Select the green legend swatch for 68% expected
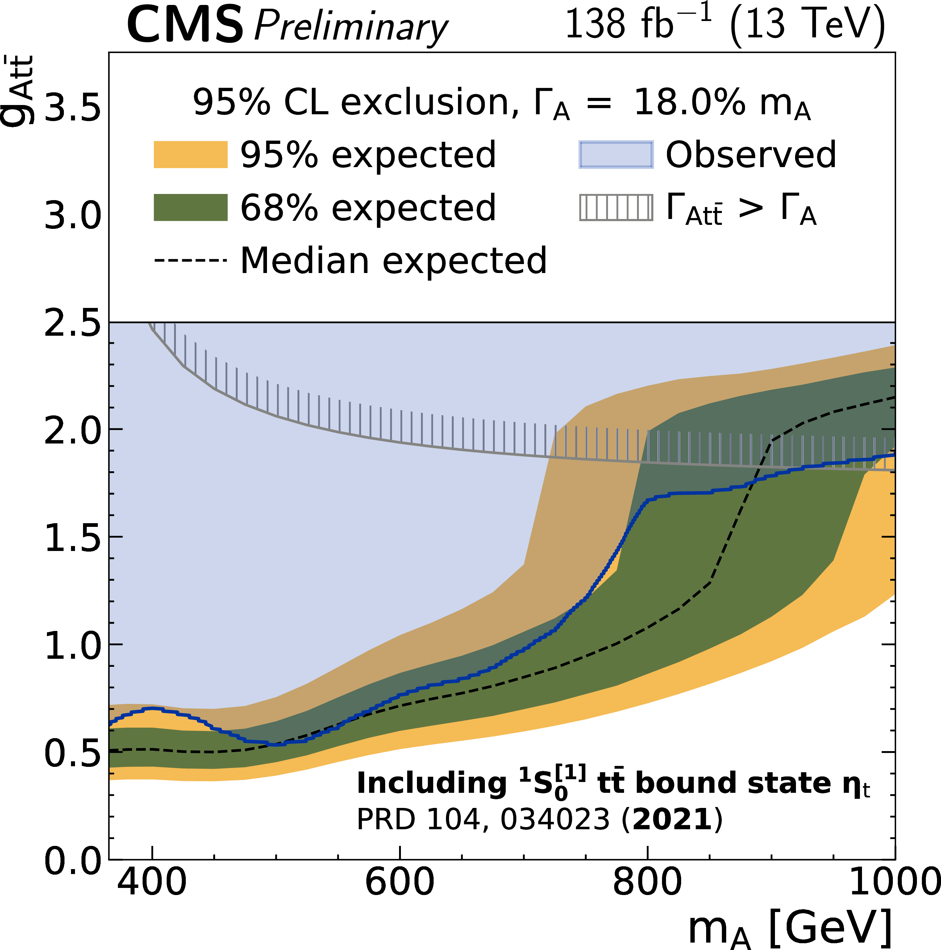click(191, 208)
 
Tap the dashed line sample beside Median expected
click(191, 260)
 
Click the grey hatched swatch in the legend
click(616, 208)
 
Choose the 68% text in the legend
click(279, 208)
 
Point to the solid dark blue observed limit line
click(688, 493)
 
